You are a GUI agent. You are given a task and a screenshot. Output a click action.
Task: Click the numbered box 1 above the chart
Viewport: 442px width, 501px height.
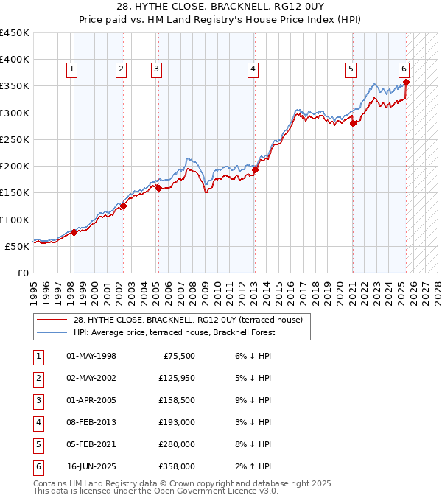pyautogui.click(x=72, y=69)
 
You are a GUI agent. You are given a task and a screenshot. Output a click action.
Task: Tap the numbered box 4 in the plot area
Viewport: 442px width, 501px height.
pyautogui.click(x=253, y=69)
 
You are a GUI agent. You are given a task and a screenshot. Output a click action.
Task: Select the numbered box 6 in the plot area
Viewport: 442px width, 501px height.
pyautogui.click(x=404, y=69)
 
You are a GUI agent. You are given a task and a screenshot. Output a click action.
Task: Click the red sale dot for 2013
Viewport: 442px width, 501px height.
pyautogui.click(x=256, y=169)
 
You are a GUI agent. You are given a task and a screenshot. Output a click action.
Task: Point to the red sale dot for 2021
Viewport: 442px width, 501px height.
pyautogui.click(x=353, y=123)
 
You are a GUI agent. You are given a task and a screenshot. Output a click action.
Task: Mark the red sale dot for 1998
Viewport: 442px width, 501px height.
pyautogui.click(x=74, y=233)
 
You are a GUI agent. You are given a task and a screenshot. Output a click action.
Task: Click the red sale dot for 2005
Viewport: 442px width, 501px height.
pyautogui.click(x=158, y=188)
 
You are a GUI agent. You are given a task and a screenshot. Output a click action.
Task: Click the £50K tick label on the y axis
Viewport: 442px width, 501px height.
pyautogui.click(x=17, y=246)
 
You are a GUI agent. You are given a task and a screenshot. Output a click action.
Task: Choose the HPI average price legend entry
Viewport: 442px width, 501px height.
pyautogui.click(x=173, y=332)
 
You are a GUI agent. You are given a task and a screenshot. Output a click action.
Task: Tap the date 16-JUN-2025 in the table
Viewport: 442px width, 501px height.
pyautogui.click(x=91, y=466)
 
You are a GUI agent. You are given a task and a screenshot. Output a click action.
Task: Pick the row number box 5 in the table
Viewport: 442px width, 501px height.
pyautogui.click(x=38, y=444)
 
